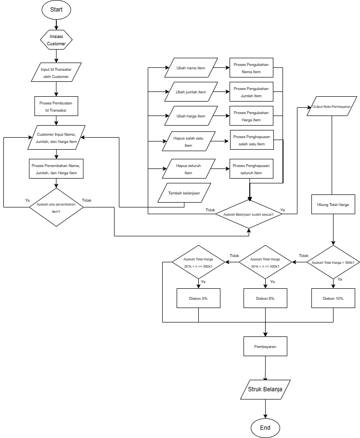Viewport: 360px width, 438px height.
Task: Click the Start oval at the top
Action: click(56, 10)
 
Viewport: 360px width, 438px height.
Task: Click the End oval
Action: click(265, 427)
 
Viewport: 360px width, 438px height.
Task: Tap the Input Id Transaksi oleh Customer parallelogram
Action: click(56, 73)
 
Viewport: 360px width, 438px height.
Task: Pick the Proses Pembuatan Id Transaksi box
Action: click(56, 106)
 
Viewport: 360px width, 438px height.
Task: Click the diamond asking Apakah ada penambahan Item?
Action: click(56, 207)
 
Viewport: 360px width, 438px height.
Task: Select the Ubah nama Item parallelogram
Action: click(190, 68)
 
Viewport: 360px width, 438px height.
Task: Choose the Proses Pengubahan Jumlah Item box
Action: click(251, 92)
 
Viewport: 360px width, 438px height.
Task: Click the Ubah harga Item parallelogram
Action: click(190, 116)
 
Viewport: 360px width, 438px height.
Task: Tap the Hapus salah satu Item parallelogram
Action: click(188, 142)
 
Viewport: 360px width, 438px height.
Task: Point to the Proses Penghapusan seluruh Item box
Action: click(251, 169)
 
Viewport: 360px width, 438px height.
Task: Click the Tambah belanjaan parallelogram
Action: click(184, 193)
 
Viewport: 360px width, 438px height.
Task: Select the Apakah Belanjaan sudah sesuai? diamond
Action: click(249, 215)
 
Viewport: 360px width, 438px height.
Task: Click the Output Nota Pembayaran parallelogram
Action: click(332, 106)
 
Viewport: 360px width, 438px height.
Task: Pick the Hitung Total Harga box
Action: click(333, 205)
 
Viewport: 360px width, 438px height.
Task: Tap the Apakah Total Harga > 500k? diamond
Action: click(333, 262)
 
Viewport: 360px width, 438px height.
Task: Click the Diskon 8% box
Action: click(265, 298)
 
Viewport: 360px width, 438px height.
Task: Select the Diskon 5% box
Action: click(198, 298)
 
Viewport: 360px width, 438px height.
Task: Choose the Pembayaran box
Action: click(265, 346)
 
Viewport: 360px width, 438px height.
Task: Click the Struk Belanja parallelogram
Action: click(265, 389)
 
